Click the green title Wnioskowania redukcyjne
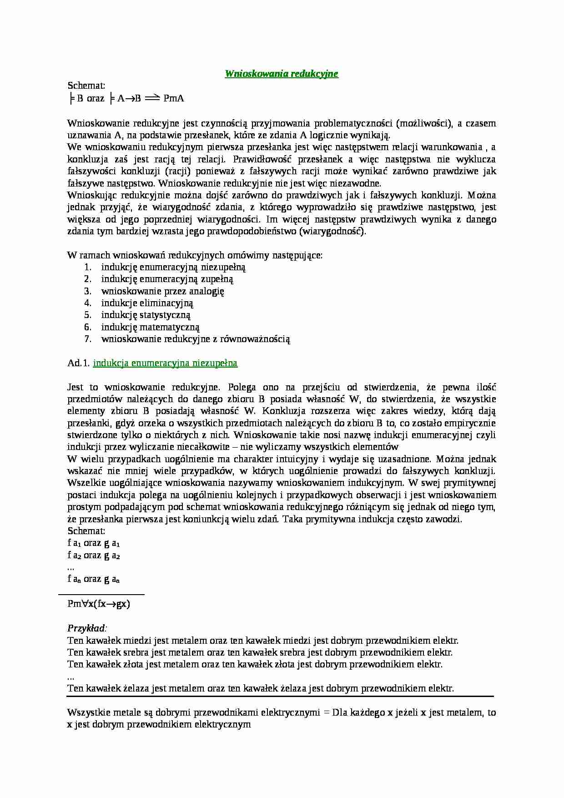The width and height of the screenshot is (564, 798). [x=282, y=74]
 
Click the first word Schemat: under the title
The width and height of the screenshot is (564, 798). [x=86, y=86]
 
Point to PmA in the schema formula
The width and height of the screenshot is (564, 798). [x=173, y=98]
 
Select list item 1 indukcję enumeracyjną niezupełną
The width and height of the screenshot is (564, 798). [x=173, y=267]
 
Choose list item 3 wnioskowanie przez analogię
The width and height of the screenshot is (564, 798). [x=163, y=291]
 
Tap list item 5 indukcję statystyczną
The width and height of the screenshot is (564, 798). [x=146, y=315]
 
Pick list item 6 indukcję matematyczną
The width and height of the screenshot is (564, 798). [x=151, y=327]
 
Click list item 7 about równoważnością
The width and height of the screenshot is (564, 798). [x=196, y=339]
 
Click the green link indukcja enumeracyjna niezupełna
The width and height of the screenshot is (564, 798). [x=165, y=363]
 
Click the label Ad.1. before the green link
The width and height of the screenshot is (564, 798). [x=78, y=363]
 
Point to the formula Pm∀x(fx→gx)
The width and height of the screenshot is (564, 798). [x=99, y=604]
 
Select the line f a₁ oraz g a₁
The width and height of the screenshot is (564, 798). [x=94, y=543]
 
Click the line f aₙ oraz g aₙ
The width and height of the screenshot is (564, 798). [x=94, y=579]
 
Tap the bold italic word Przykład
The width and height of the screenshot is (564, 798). [x=86, y=628]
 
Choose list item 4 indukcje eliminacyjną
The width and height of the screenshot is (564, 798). [x=147, y=303]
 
